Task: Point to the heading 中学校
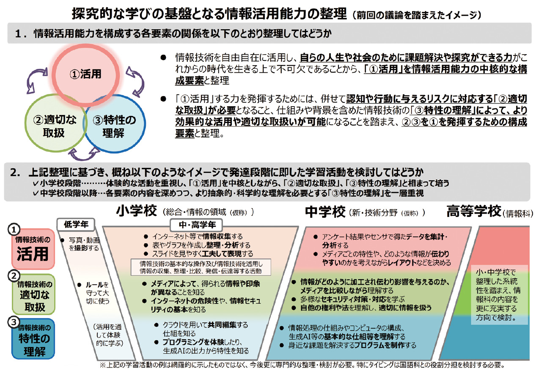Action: point(325,211)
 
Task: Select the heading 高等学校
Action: point(473,211)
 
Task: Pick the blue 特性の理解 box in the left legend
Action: point(32,339)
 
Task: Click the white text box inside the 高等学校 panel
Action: point(499,295)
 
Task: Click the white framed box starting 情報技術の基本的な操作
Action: point(201,267)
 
